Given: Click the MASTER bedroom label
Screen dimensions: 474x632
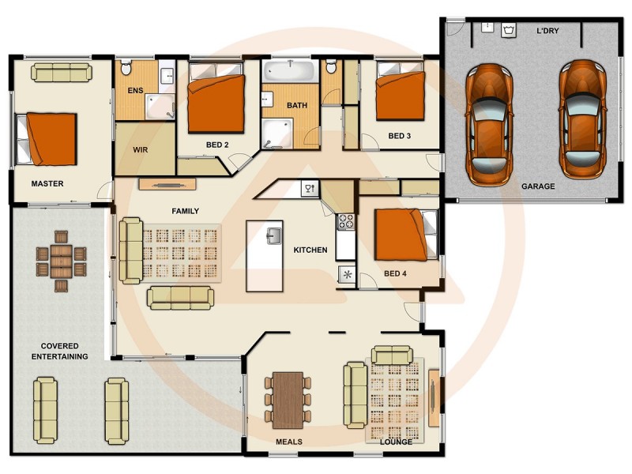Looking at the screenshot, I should point(47,184).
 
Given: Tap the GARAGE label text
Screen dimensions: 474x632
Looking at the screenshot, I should point(537,187).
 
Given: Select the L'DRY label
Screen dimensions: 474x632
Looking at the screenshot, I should point(547,31).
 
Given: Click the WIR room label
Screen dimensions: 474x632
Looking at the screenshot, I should point(141,149).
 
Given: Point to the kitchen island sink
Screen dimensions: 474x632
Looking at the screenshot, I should point(273,235).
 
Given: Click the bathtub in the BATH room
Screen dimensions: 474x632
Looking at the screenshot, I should point(288,75).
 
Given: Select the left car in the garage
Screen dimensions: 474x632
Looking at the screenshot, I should point(488,122).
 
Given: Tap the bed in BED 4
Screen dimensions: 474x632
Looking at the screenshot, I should point(404,235).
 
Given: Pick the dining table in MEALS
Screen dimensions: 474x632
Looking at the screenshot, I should point(288,400).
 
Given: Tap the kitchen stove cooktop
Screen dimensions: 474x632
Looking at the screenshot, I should point(345,222).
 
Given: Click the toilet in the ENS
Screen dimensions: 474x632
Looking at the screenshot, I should point(125,70).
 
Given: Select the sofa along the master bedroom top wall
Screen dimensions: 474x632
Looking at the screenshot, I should point(62,73).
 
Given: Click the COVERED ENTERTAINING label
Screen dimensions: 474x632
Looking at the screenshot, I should point(59,352).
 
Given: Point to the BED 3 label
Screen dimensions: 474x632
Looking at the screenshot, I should point(399,136).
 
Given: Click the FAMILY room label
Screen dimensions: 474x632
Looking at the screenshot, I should point(186,211).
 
